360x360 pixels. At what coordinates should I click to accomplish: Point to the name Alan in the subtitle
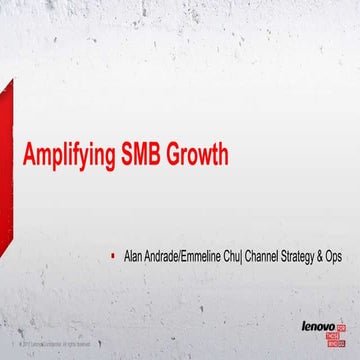(x=132, y=256)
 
